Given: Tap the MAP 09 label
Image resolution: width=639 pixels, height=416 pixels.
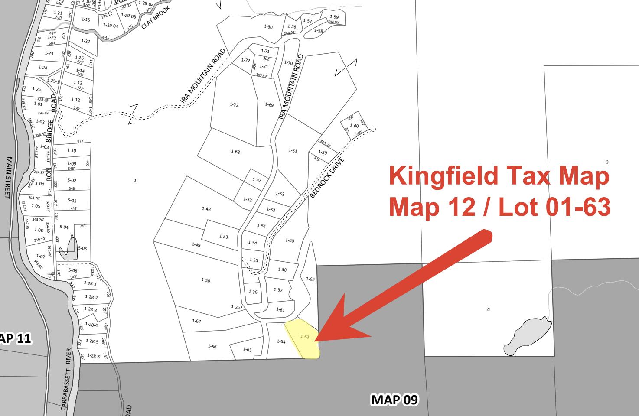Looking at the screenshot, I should click(394, 399).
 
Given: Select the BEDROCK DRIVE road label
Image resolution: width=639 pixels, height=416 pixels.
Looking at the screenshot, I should click(328, 177).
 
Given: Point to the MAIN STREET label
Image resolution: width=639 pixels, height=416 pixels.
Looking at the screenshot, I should click(8, 177).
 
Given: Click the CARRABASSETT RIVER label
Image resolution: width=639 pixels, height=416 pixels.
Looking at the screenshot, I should click(66, 379).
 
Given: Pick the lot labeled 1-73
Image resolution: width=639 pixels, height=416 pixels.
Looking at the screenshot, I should click(234, 104).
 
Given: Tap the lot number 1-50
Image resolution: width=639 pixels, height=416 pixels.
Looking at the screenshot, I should click(205, 280).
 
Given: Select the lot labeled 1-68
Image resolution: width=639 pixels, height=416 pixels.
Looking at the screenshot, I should click(235, 152).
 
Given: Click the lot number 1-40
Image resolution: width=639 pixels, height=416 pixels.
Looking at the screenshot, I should click(354, 126).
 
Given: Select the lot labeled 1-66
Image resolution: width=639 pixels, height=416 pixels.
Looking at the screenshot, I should click(212, 346).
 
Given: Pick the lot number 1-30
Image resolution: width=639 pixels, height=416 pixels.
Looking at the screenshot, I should click(268, 27).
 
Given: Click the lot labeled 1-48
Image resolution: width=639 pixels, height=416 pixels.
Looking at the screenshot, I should click(206, 209).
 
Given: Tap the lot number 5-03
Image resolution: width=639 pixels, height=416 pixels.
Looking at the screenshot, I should click(72, 200).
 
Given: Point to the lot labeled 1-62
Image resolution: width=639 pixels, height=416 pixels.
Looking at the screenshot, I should click(310, 279).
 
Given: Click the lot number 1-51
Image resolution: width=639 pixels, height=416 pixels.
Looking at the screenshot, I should click(293, 151).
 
